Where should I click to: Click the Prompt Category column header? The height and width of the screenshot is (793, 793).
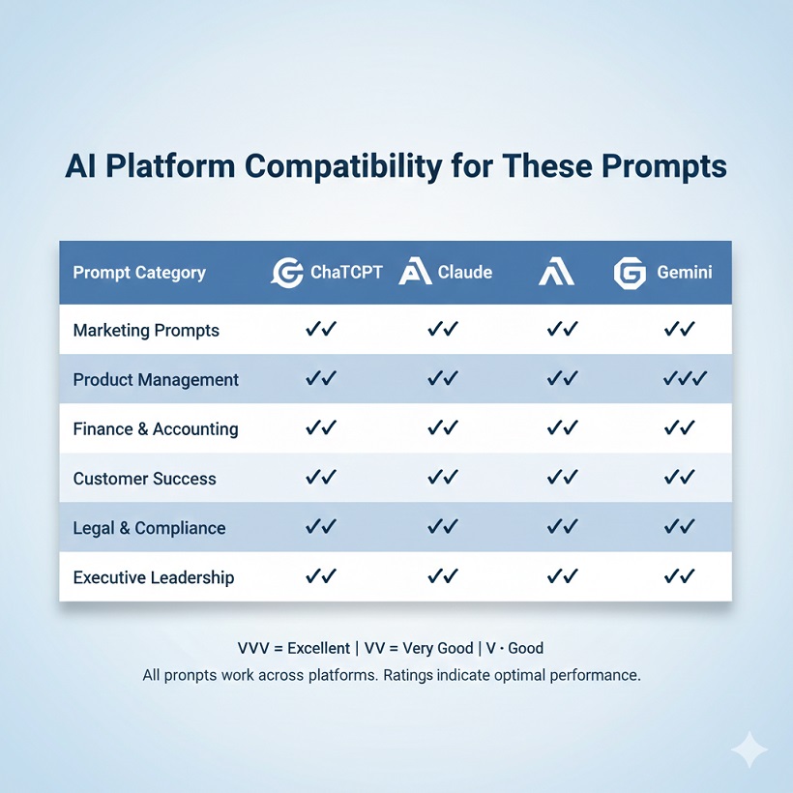click(x=139, y=273)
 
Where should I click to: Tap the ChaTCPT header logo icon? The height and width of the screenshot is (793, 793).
click(x=287, y=273)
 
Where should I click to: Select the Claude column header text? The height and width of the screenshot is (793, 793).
click(x=464, y=273)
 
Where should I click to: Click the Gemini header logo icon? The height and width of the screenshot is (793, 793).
click(x=630, y=273)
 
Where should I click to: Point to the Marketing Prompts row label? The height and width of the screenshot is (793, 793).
click(x=146, y=331)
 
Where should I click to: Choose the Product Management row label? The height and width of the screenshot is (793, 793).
click(x=156, y=380)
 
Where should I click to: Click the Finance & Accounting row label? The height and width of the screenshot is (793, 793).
click(x=156, y=429)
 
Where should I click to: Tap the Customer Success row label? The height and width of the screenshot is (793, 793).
click(x=145, y=479)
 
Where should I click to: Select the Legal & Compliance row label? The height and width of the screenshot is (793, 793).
click(x=149, y=528)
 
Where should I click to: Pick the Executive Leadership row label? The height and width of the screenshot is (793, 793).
click(x=154, y=577)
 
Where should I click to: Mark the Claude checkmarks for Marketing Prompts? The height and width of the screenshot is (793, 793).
click(x=442, y=330)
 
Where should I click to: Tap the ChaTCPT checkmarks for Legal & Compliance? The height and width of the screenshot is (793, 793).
click(x=320, y=527)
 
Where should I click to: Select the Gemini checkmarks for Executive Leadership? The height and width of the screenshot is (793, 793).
click(x=680, y=576)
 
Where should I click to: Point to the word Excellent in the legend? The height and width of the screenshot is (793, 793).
click(x=320, y=648)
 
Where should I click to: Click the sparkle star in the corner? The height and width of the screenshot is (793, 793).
click(x=750, y=750)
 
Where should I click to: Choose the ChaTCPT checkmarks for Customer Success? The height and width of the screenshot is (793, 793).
click(x=320, y=478)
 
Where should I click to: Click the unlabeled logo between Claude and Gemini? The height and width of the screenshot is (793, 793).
click(x=556, y=273)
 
